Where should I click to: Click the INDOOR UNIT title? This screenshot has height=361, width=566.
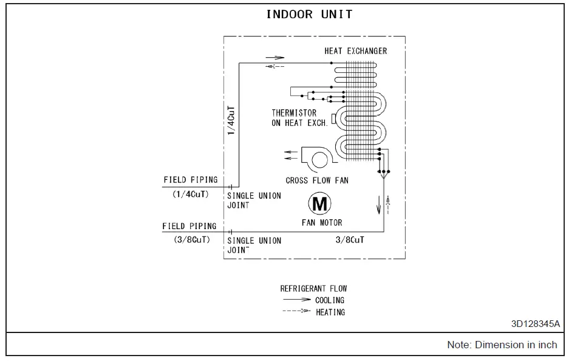pyautogui.click(x=309, y=15)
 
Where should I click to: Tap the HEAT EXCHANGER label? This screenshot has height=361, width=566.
pyautogui.click(x=355, y=51)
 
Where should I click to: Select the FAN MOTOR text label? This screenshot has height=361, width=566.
pyautogui.click(x=322, y=222)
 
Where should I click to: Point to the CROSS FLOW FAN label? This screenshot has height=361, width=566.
pyautogui.click(x=317, y=180)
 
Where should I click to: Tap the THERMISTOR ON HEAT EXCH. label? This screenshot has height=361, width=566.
pyautogui.click(x=299, y=118)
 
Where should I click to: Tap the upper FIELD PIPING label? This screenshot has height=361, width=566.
pyautogui.click(x=190, y=180)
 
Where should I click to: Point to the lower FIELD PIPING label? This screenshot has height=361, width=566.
pyautogui.click(x=189, y=226)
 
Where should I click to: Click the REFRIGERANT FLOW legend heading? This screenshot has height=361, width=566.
pyautogui.click(x=313, y=289)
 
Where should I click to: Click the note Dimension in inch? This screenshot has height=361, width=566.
pyautogui.click(x=502, y=345)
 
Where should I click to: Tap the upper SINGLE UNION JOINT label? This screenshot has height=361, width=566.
pyautogui.click(x=254, y=201)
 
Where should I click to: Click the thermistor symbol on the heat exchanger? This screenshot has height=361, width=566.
pyautogui.click(x=334, y=117)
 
